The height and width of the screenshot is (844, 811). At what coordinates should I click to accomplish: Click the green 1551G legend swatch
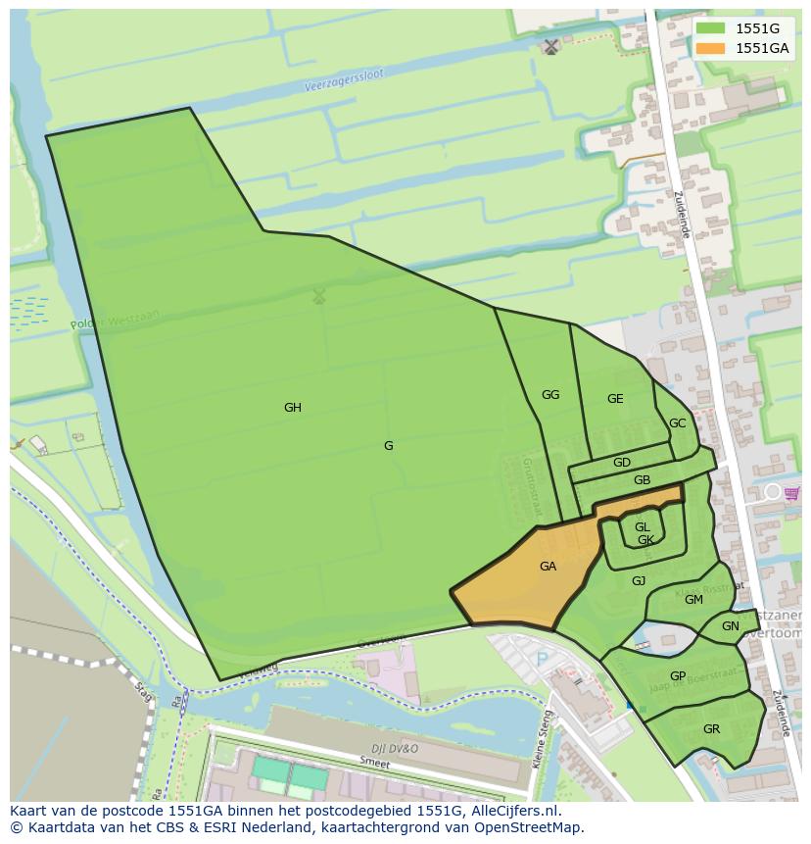click(711, 28)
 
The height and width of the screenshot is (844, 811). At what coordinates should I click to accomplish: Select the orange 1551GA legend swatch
click(711, 48)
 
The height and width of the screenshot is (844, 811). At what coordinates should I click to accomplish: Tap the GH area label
click(292, 408)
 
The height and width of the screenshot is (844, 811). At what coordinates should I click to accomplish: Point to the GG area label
click(550, 395)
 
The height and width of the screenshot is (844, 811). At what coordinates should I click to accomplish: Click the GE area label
click(615, 399)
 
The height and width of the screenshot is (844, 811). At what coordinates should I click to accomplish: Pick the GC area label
click(677, 423)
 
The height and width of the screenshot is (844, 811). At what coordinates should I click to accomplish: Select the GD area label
click(622, 463)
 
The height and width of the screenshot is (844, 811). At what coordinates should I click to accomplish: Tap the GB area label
click(642, 480)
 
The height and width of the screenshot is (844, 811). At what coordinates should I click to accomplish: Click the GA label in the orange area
click(548, 567)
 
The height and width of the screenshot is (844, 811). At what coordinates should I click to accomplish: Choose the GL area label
click(643, 527)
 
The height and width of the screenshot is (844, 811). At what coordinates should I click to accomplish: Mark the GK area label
click(645, 540)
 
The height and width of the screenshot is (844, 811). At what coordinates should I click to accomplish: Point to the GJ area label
click(639, 581)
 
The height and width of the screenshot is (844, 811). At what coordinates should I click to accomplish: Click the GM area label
click(693, 600)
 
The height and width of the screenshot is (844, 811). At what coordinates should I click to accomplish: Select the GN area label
click(731, 626)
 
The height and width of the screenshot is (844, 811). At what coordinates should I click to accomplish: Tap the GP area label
click(678, 676)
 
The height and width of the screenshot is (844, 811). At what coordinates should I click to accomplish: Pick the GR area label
click(711, 729)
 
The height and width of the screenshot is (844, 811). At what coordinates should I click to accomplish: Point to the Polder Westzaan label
click(115, 320)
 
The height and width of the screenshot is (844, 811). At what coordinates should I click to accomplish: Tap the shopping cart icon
click(791, 492)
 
